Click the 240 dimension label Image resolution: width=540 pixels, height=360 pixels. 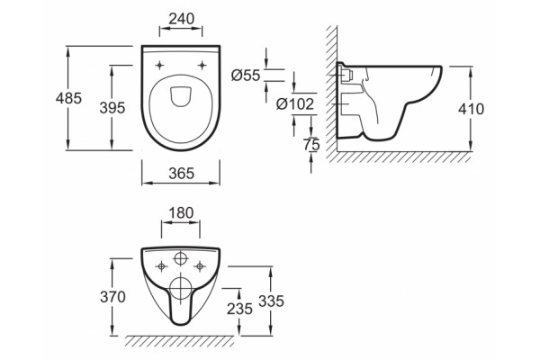pyautogui.click(x=181, y=19)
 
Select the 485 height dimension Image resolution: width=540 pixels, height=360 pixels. pyautogui.click(x=68, y=98)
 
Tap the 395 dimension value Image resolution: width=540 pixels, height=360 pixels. pyautogui.click(x=112, y=108)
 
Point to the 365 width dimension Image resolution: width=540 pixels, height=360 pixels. pyautogui.click(x=181, y=174)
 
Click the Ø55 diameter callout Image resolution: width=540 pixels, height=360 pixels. pyautogui.click(x=246, y=75)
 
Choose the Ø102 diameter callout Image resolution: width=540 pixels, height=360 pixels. pyautogui.click(x=295, y=103)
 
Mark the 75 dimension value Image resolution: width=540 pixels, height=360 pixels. pyautogui.click(x=311, y=145)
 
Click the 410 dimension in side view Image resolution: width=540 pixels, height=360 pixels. pyautogui.click(x=471, y=109)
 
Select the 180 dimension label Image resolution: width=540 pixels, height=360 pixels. pyautogui.click(x=181, y=213)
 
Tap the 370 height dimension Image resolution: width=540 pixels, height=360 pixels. pyautogui.click(x=112, y=297)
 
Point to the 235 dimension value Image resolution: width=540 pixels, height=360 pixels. pyautogui.click(x=239, y=309)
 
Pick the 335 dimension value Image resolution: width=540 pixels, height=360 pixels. pyautogui.click(x=272, y=301)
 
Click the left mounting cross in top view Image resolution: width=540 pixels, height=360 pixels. pyautogui.click(x=159, y=65)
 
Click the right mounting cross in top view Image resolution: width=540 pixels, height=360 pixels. pyautogui.click(x=202, y=65)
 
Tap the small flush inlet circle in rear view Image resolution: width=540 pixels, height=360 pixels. pyautogui.click(x=181, y=258)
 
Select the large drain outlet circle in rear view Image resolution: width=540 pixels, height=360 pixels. pyautogui.click(x=181, y=287)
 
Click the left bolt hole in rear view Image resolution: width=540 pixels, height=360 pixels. pyautogui.click(x=161, y=266)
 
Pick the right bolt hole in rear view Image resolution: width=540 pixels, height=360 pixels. pyautogui.click(x=200, y=266)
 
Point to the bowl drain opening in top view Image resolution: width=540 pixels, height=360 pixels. pyautogui.click(x=181, y=95)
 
